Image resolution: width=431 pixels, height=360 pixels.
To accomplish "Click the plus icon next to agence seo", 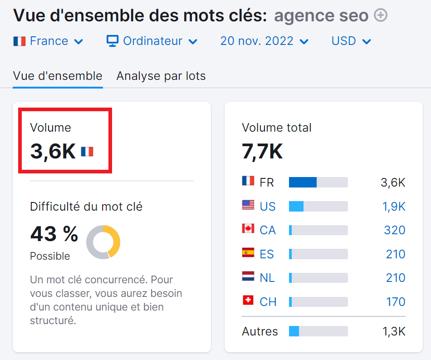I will tap(381, 15).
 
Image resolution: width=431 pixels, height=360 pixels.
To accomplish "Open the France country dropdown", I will tap(49, 41).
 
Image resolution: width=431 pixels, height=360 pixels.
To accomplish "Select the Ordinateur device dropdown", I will tap(152, 41).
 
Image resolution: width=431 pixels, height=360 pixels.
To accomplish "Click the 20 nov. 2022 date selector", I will tap(264, 41).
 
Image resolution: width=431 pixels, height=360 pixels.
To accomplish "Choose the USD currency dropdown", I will tap(351, 41).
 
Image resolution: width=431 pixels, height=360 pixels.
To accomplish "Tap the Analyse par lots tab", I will tap(161, 76).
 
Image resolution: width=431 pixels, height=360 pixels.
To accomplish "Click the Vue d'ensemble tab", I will tap(58, 76).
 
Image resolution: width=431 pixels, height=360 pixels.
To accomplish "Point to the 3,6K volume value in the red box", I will tap(53, 151).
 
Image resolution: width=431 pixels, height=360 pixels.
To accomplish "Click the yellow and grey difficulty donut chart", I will tap(103, 242).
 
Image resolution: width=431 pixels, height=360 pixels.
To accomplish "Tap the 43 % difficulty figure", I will tap(54, 234).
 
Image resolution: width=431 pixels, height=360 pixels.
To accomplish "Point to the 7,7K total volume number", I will tap(262, 151).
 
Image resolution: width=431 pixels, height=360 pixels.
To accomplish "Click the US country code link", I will tap(268, 207).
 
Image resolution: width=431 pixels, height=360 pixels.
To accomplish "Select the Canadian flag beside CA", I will tap(248, 229).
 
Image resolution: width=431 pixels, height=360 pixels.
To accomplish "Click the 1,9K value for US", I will tap(394, 207).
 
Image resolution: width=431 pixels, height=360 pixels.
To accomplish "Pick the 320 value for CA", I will tap(394, 230).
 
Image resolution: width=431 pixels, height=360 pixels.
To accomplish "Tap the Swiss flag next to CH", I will tap(248, 300).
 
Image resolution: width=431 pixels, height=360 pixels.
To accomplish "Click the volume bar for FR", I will tap(318, 182).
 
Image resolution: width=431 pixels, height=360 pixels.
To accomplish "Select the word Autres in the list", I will tap(260, 331).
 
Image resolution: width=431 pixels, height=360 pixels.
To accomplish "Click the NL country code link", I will tap(267, 278).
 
